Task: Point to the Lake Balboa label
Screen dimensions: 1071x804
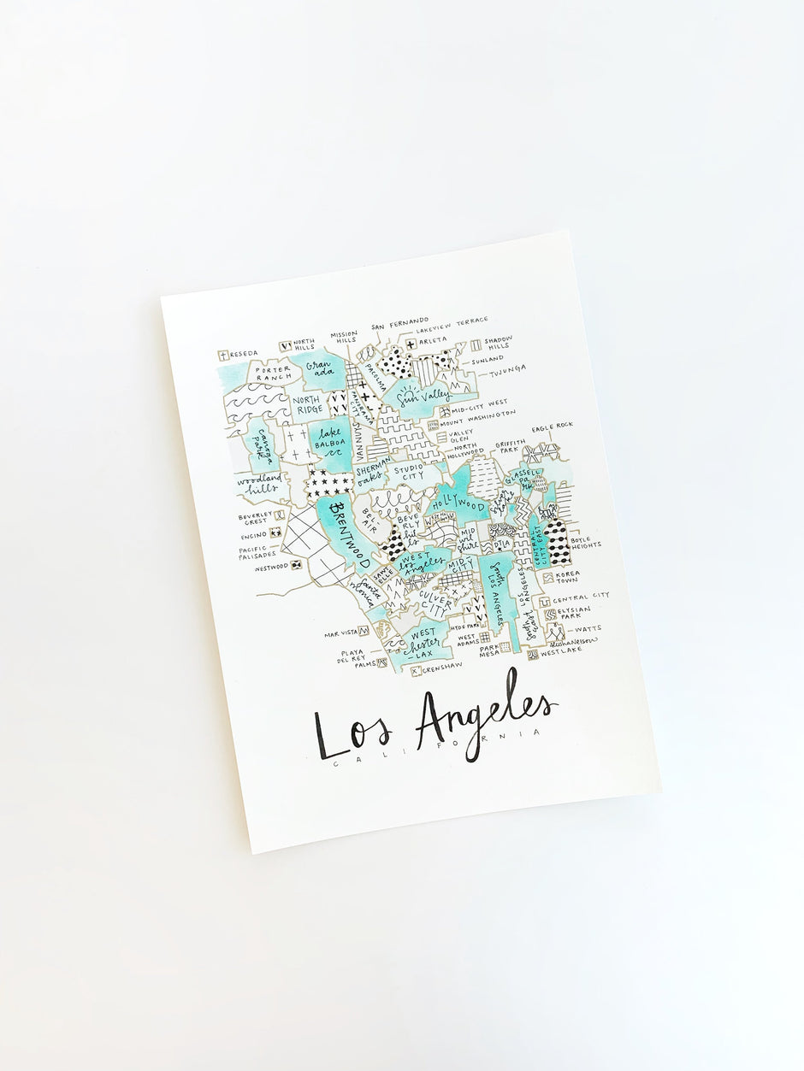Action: (328, 438)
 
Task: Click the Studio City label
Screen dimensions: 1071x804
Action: (410, 471)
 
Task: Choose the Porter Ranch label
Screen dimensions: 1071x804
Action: (272, 373)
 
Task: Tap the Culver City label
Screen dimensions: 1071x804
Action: (436, 603)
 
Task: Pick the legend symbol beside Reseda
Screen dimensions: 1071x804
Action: (223, 355)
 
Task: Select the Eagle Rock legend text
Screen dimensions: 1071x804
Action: (552, 427)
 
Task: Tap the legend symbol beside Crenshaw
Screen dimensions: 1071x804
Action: (417, 671)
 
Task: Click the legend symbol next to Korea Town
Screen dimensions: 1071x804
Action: (548, 578)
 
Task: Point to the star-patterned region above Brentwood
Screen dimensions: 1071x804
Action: (329, 483)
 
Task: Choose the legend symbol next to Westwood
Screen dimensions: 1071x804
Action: (295, 565)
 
